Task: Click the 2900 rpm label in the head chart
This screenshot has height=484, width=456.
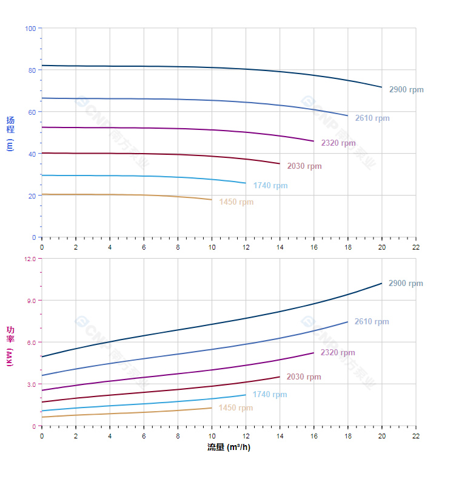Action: (x=406, y=90)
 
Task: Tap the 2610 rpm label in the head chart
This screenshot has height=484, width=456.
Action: (x=372, y=118)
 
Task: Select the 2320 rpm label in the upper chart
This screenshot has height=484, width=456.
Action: (x=338, y=143)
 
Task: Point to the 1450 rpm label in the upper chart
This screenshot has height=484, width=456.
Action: (x=236, y=202)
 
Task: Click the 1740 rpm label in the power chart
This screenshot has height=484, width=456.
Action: (x=270, y=394)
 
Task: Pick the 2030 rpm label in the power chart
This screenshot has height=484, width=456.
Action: (x=304, y=377)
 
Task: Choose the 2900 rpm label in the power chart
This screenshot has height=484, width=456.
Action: (x=406, y=284)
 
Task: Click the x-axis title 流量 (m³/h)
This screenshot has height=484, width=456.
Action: (x=229, y=448)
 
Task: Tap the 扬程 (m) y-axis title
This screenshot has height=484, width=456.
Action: (x=10, y=133)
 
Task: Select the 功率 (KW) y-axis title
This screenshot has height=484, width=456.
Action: (x=10, y=346)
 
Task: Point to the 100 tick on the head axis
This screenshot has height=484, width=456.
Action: (x=30, y=29)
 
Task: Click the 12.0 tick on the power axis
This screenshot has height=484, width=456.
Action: (x=30, y=259)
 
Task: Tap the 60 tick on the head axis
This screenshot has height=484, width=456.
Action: (x=32, y=112)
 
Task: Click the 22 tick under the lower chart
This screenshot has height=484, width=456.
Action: (x=416, y=436)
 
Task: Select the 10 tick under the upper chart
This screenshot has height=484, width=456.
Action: (x=212, y=247)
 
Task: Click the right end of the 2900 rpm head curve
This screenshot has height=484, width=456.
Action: (x=382, y=87)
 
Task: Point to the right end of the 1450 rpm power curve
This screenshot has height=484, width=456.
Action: (x=212, y=407)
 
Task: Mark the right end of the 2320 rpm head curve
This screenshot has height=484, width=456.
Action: (x=313, y=141)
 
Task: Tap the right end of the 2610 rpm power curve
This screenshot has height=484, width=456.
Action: (x=347, y=322)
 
